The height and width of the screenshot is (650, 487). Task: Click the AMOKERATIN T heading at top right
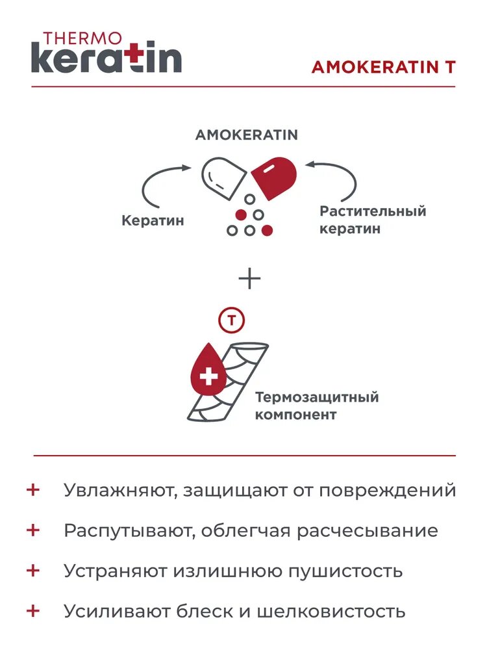[x=383, y=68]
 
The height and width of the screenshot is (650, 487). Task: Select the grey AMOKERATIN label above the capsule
[x=247, y=135]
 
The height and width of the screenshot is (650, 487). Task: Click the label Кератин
[x=153, y=221]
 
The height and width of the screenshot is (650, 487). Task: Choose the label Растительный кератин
[x=372, y=220]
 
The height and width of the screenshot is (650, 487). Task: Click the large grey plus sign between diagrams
[x=249, y=279]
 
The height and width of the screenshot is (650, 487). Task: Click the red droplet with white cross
[x=208, y=374]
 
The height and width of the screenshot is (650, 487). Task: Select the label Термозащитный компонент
[x=316, y=406]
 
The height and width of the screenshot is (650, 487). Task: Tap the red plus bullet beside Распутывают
[x=33, y=530]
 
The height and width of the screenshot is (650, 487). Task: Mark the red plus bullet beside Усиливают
[x=33, y=611]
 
